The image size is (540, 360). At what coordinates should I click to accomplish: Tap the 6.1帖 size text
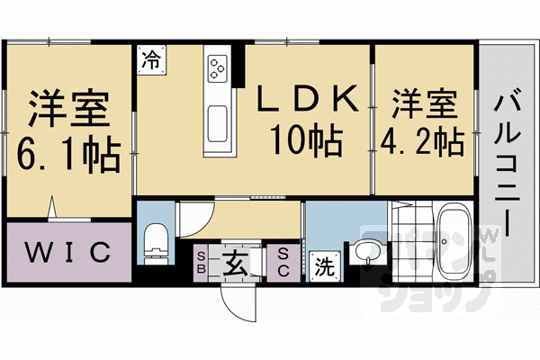(x=68, y=156)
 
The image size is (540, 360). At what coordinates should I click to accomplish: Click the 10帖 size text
(x=303, y=141)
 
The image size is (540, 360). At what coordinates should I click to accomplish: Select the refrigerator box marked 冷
(x=151, y=61)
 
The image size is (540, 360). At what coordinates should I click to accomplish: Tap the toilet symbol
(x=156, y=241)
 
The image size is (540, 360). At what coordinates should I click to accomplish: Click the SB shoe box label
(x=202, y=262)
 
